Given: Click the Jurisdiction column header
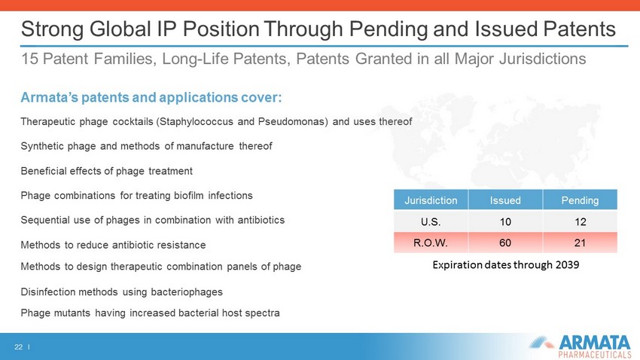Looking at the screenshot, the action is pyautogui.click(x=431, y=200).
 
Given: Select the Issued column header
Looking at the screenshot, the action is pyautogui.click(x=505, y=200).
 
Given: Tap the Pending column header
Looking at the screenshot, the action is pyautogui.click(x=580, y=200).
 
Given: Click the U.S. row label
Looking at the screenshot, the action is pyautogui.click(x=431, y=221).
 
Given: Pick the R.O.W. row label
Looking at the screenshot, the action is pyautogui.click(x=431, y=243).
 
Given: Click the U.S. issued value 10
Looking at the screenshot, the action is pyautogui.click(x=505, y=221).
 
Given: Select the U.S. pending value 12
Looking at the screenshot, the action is pyautogui.click(x=580, y=221).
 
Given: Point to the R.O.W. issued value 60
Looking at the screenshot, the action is pyautogui.click(x=505, y=243).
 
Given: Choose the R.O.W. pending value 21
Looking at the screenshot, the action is pyautogui.click(x=580, y=243).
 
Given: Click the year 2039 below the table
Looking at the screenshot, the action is pyautogui.click(x=568, y=265).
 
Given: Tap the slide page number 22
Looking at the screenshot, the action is pyautogui.click(x=18, y=347).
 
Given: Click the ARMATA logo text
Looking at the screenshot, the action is pyautogui.click(x=595, y=342).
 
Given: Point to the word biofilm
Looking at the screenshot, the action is pyautogui.click(x=188, y=196).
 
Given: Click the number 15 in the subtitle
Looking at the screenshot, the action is pyautogui.click(x=29, y=59).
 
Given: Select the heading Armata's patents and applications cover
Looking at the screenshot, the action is pyautogui.click(x=151, y=98).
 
